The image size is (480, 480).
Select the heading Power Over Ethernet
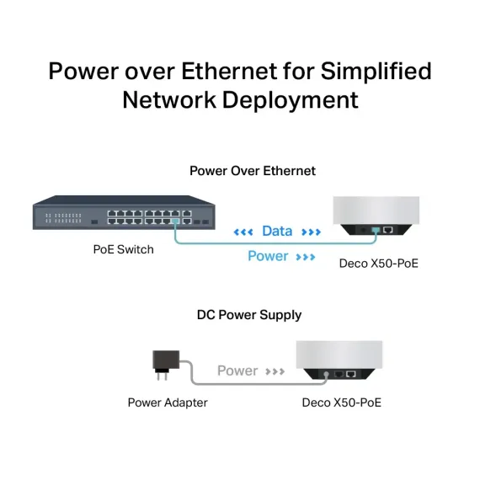(x=252, y=170)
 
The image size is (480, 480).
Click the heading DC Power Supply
(x=248, y=315)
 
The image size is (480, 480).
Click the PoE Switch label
(x=123, y=249)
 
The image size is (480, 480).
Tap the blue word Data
(x=277, y=231)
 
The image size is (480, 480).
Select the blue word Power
(x=268, y=256)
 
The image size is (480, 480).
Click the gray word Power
(x=237, y=371)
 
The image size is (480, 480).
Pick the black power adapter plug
(x=163, y=361)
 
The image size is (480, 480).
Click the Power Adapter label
(x=167, y=403)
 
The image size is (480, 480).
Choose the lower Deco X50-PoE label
(x=341, y=403)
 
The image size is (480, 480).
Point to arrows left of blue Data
(x=243, y=232)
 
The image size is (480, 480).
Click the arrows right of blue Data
(x=310, y=232)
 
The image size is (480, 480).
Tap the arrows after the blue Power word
(x=305, y=256)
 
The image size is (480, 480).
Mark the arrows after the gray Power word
(x=275, y=371)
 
